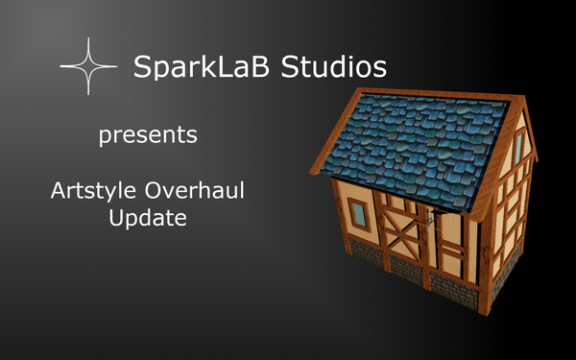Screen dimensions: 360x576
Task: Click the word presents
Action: (148, 134)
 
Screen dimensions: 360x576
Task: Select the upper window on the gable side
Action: (518, 147)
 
